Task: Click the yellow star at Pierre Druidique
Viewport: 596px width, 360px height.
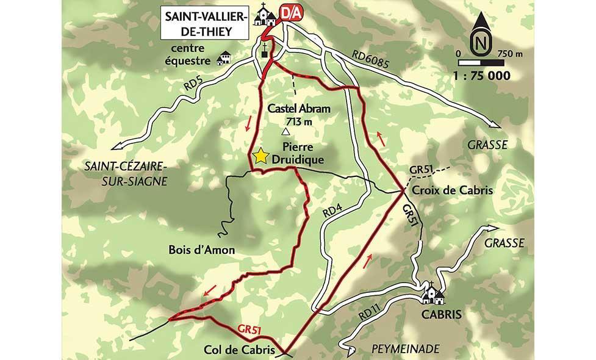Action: (261, 156)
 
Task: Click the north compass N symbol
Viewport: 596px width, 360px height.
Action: (481, 42)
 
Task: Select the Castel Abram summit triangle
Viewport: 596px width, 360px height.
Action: (285, 131)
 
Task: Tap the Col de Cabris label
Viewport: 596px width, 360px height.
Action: (243, 351)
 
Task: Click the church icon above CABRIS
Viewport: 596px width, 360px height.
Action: (434, 294)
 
